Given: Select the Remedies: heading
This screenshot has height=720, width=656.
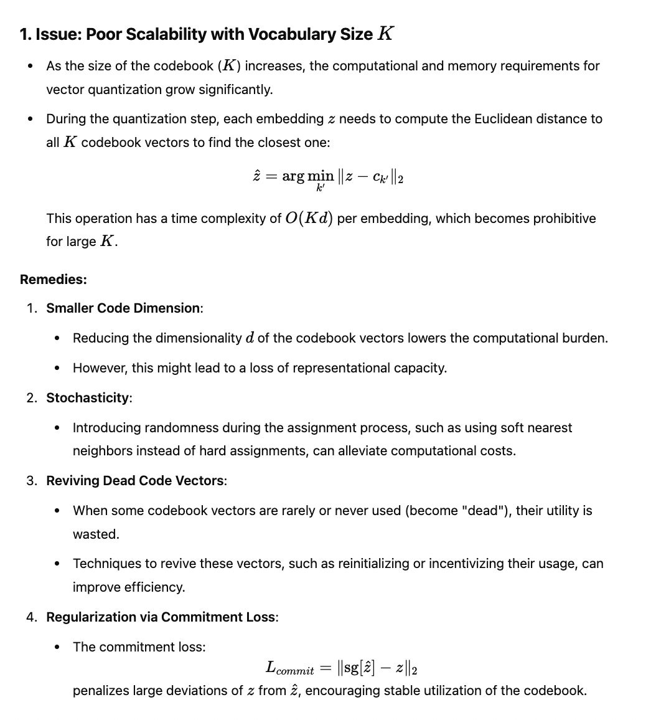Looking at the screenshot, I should [54, 279].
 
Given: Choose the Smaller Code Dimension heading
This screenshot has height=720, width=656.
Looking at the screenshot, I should [123, 308].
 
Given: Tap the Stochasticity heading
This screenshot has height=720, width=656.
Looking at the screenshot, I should [88, 398].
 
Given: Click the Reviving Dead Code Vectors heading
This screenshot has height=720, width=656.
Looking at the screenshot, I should [135, 480].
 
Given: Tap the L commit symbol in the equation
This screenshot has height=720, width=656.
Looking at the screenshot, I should [289, 668].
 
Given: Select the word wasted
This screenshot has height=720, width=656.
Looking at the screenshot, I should [95, 534].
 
